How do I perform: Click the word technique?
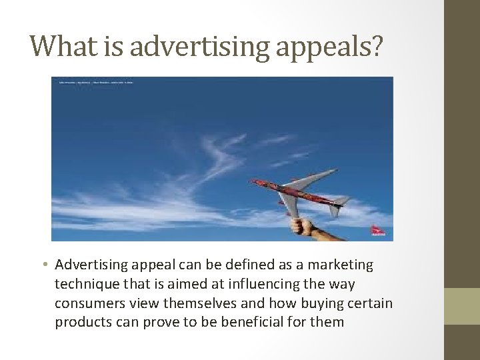[x=85, y=284]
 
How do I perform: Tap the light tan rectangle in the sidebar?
[x=462, y=306]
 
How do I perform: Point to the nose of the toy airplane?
[x=253, y=181]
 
